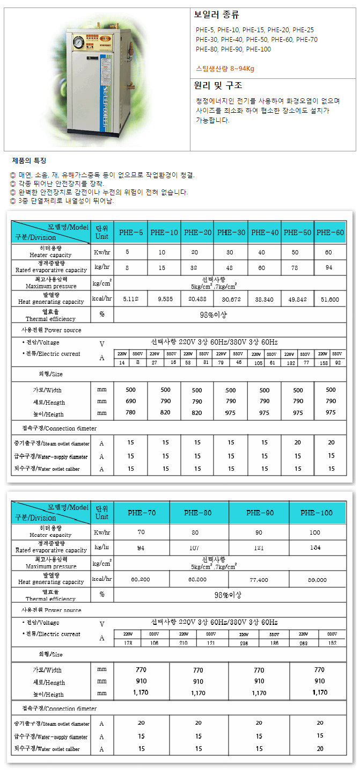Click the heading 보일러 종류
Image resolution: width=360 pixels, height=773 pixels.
coord(217,15)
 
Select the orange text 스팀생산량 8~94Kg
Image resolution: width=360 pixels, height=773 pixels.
coord(225,68)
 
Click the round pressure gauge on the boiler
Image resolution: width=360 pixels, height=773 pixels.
coord(79,41)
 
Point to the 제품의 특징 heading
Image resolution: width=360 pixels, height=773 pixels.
coord(29,161)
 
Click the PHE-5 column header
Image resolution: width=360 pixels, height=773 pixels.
coord(131,232)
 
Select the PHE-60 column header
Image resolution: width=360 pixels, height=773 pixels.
coord(330,232)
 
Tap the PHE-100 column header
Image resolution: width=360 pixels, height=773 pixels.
coord(317,513)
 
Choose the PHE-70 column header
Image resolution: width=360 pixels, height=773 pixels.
coord(142,513)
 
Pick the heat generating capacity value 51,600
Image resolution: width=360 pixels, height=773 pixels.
coord(330,299)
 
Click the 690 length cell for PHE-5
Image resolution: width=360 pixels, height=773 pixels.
coord(131,401)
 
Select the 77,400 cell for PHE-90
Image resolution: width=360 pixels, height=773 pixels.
coord(259,580)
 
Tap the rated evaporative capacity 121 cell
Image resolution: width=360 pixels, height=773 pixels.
coord(259,548)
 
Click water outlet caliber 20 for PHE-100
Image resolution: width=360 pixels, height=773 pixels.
coord(320,748)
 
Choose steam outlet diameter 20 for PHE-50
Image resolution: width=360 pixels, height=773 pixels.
coord(298,443)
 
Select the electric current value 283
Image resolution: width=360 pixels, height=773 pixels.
coord(304,643)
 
